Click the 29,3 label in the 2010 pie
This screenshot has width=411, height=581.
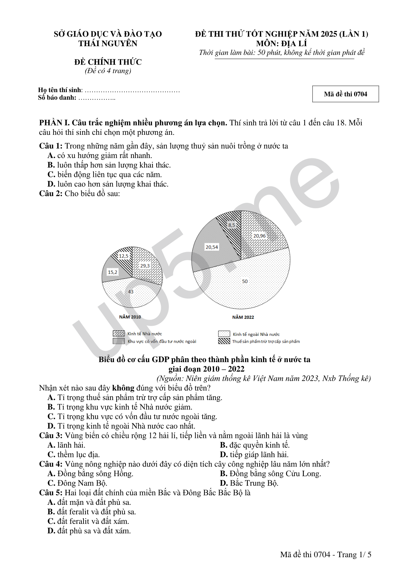(145, 266)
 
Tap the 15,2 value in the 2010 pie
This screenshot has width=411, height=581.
(112, 272)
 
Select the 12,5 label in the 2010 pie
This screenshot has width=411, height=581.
(124, 256)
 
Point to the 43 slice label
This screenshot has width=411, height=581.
(131, 292)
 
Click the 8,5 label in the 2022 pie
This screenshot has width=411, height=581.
(231, 225)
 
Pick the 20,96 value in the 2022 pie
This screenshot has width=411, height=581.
(260, 236)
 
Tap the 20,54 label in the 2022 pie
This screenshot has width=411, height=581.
(212, 247)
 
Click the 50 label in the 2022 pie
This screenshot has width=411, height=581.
(245, 281)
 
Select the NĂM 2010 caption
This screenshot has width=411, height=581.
(130, 317)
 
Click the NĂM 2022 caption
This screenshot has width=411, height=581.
(243, 317)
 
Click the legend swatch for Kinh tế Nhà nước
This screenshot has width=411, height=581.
(119, 333)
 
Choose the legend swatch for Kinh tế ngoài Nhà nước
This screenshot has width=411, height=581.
(224, 334)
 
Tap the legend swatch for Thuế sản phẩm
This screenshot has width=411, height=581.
(224, 341)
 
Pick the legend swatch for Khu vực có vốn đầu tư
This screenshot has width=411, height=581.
(119, 341)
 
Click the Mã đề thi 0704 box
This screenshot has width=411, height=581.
(345, 94)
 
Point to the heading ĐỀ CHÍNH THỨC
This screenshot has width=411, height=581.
(108, 62)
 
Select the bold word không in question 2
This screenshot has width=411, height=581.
(123, 388)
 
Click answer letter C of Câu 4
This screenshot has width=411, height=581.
(51, 483)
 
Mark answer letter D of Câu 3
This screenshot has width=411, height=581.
(224, 455)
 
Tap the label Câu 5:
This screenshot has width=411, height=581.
(51, 493)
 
